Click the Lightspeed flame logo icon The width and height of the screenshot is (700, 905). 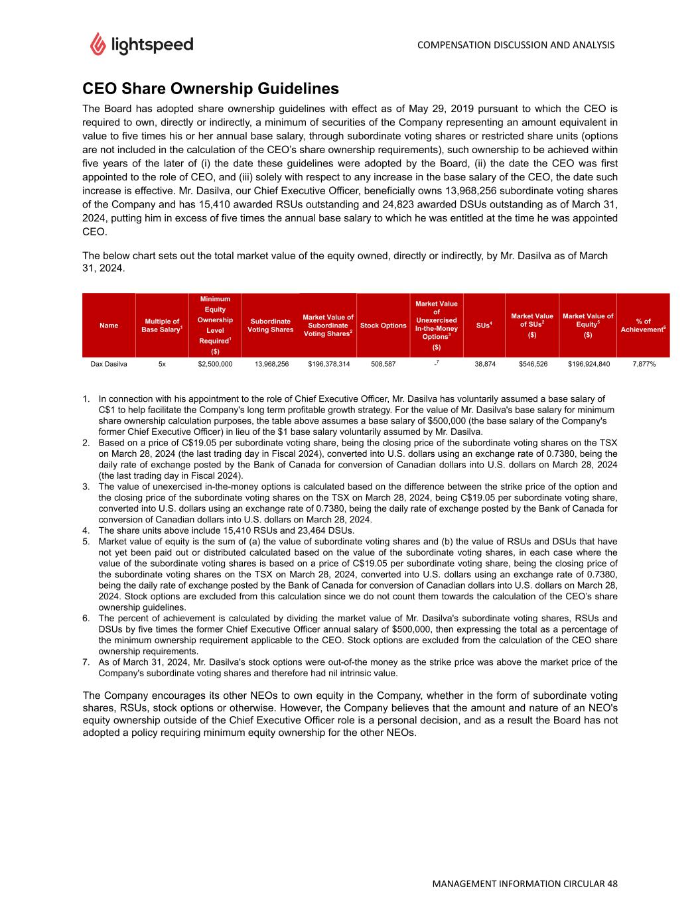click(x=98, y=44)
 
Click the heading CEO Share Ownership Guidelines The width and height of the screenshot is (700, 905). click(x=210, y=89)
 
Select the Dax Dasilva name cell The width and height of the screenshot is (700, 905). click(x=109, y=364)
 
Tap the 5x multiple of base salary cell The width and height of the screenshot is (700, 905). click(x=162, y=364)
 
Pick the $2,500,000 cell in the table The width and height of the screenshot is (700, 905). click(x=215, y=364)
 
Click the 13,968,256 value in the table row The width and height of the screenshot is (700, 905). click(x=271, y=364)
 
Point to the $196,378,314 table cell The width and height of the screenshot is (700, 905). click(x=328, y=364)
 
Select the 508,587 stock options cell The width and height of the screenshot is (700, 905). click(x=383, y=364)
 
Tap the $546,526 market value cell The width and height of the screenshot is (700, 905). click(x=532, y=364)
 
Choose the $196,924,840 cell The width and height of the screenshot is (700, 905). click(x=588, y=364)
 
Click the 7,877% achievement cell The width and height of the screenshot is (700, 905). click(x=643, y=364)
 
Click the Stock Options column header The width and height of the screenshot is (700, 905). click(x=383, y=326)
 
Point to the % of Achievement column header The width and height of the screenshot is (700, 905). click(x=643, y=326)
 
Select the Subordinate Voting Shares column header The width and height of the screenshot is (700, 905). click(x=271, y=326)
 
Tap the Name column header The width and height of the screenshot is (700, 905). click(x=109, y=326)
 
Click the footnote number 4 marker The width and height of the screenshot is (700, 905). click(x=86, y=530)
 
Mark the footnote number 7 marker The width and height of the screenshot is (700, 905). click(x=86, y=662)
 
